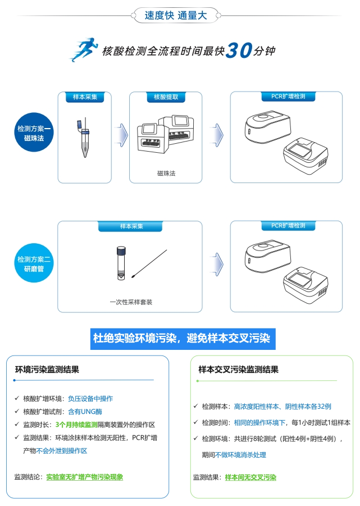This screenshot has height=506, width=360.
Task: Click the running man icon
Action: click(83, 49)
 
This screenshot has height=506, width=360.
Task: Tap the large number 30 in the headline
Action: click(239, 51)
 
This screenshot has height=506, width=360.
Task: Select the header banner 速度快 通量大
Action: click(176, 15)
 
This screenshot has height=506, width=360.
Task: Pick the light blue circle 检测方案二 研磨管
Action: click(34, 263)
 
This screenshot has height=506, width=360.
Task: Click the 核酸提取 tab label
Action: click(166, 97)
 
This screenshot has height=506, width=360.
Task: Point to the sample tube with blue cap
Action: click(84, 138)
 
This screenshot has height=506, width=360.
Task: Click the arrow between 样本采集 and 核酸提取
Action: click(122, 135)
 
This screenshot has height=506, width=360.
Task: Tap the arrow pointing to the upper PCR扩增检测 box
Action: click(217, 135)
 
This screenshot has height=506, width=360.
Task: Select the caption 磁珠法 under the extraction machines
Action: click(166, 174)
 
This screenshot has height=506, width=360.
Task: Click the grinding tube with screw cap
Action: click(121, 263)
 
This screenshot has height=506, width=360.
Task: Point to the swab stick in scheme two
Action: click(149, 263)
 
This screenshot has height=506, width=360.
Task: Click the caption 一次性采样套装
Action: click(131, 302)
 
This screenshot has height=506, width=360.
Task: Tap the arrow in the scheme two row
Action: click(217, 265)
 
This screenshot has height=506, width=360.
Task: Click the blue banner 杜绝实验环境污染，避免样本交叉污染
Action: click(183, 339)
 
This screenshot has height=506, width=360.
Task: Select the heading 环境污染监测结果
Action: click(47, 370)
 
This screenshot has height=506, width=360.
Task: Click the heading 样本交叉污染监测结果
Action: click(238, 370)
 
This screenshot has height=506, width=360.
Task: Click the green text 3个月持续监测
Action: click(76, 425)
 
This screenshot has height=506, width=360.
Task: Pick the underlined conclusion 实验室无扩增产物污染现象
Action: click(84, 477)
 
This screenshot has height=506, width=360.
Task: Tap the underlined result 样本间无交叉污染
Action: click(250, 477)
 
